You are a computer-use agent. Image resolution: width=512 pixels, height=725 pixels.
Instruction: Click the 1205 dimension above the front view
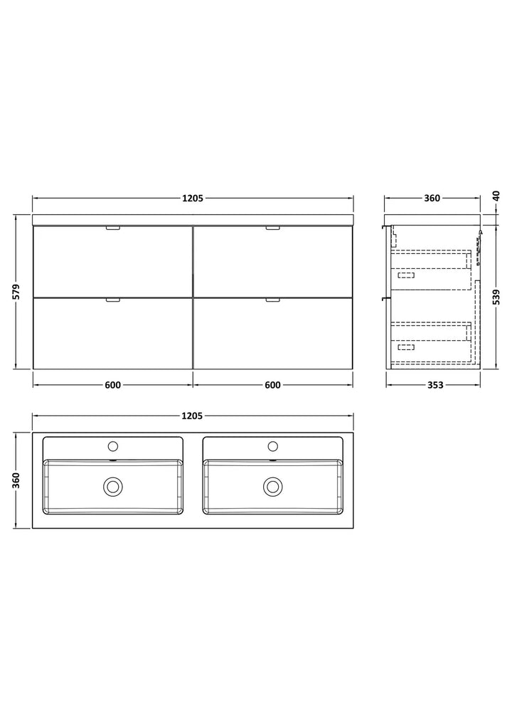(x=192, y=199)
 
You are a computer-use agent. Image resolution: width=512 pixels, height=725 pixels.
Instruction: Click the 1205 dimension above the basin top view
(x=192, y=416)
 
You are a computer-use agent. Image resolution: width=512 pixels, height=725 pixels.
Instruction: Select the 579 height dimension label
(x=16, y=292)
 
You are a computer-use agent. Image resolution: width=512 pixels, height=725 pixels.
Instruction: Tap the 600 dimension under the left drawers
(x=113, y=385)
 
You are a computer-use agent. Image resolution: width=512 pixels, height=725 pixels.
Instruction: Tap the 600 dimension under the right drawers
(x=272, y=385)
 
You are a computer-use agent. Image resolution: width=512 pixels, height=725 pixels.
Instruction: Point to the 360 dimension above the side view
(x=432, y=199)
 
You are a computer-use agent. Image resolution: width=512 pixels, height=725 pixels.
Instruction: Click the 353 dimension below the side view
(x=435, y=385)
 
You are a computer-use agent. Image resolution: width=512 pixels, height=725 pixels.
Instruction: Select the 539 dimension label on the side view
(x=496, y=298)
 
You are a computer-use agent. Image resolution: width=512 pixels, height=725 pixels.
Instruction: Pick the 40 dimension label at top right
(x=496, y=196)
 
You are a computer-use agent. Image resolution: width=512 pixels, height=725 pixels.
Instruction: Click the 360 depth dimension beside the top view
(x=16, y=480)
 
